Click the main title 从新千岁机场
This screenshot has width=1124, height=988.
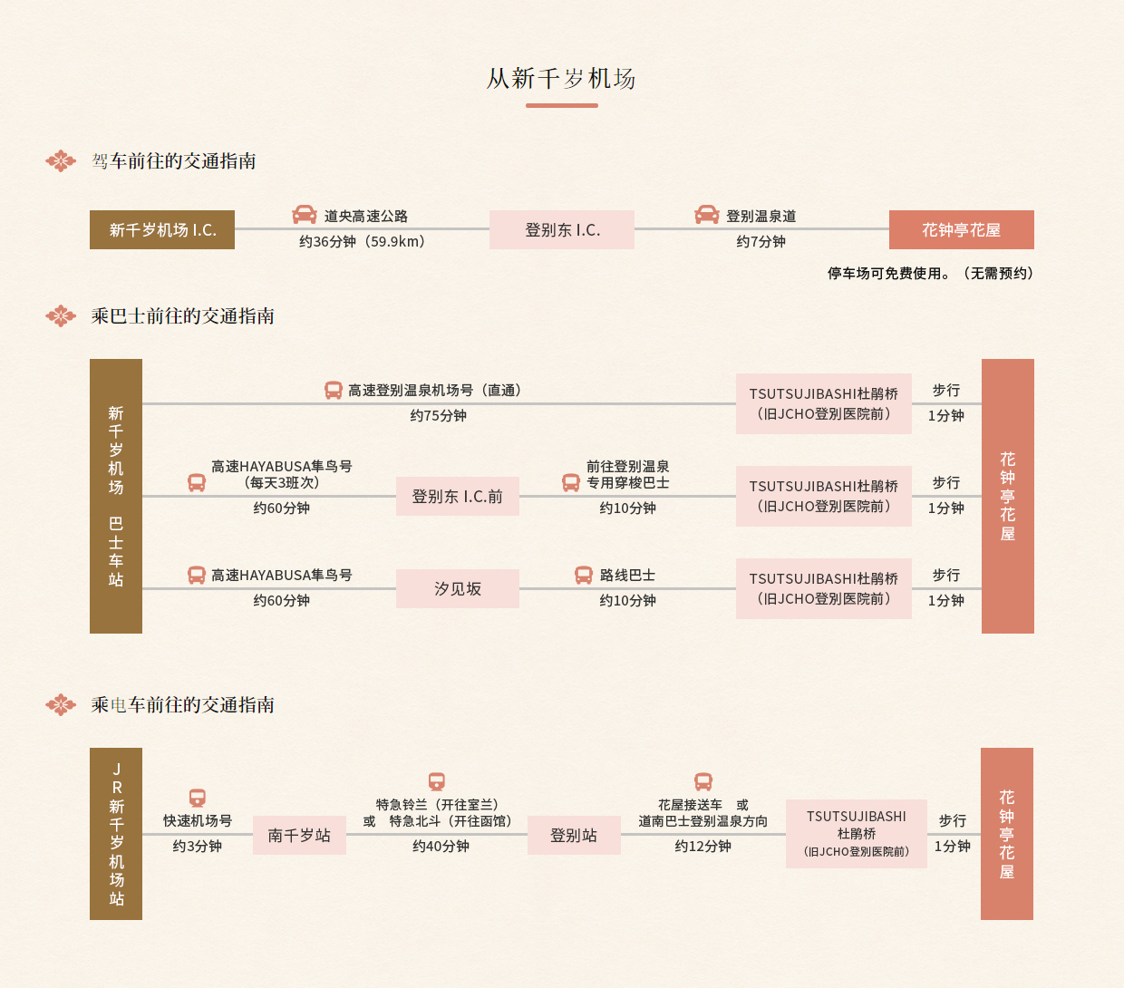pos(561,79)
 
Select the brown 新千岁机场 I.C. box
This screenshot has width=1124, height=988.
pos(162,229)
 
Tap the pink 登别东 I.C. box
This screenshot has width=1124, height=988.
pos(561,229)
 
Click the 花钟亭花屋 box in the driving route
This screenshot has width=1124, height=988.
pos(962,229)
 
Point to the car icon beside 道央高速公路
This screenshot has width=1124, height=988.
pos(305,215)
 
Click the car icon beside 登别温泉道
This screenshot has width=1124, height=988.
pos(707,215)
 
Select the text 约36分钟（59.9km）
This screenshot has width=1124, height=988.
pos(363,242)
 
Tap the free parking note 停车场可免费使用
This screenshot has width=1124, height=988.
pos(888,274)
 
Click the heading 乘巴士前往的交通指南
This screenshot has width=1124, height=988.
pos(182,316)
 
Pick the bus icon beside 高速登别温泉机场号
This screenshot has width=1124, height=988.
pos(333,390)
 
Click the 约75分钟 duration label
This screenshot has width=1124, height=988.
pos(439,415)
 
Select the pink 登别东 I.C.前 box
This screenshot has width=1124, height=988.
pos(458,497)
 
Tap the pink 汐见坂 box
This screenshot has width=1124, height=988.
pos(458,588)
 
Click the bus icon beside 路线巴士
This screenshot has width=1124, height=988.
pos(583,576)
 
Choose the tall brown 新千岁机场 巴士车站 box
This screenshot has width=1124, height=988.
pos(116,496)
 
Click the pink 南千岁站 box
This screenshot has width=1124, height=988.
pos(300,835)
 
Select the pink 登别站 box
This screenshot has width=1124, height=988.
pos(574,835)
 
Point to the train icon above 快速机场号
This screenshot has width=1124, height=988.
pos(198,798)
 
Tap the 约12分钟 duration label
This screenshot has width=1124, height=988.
pos(702,846)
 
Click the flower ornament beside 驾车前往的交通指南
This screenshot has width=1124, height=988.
pos(61,160)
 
